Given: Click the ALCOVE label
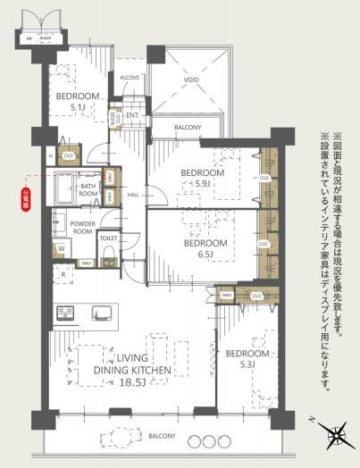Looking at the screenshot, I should (129, 78).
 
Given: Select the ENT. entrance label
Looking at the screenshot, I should (132, 115).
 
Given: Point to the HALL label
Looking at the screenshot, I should (132, 194).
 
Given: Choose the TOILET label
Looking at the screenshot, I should (109, 239).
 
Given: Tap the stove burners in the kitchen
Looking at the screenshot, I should (66, 313).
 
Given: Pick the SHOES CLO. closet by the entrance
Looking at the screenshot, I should (114, 117).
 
